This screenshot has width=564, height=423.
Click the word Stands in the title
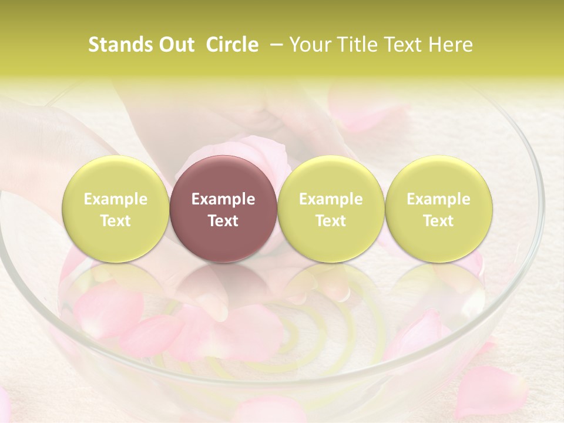click(x=119, y=45)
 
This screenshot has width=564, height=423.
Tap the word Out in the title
click(x=175, y=45)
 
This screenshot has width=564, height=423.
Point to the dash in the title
click(x=274, y=45)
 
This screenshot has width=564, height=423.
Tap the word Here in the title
click(x=450, y=45)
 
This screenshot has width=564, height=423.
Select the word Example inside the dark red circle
click(x=223, y=199)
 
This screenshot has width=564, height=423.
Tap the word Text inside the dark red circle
click(x=223, y=221)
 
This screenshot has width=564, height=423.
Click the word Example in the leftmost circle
click(x=115, y=199)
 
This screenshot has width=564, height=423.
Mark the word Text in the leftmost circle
click(x=115, y=221)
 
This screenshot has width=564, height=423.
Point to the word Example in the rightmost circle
click(x=438, y=199)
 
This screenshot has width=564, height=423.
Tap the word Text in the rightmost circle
click(x=438, y=221)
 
